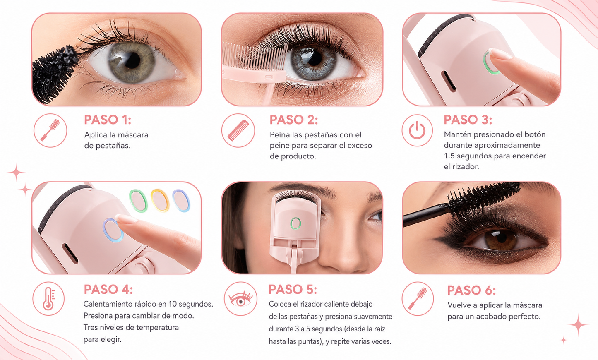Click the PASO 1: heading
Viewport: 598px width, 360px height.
tap(108, 120)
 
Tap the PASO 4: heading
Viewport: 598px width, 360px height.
tap(108, 289)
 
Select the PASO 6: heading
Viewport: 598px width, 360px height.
tap(471, 290)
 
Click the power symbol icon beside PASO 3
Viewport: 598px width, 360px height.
tap(417, 130)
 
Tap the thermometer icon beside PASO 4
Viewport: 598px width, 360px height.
tap(48, 299)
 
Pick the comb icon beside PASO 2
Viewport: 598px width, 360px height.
tap(238, 130)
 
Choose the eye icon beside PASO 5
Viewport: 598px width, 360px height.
tap(240, 299)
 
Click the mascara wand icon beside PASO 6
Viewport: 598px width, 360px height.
tap(418, 299)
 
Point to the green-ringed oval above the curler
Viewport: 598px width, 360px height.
tap(138, 201)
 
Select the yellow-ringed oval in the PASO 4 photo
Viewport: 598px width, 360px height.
tap(160, 200)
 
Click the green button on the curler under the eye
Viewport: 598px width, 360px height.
tap(295, 223)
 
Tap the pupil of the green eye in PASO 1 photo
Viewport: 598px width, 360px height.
tap(132, 61)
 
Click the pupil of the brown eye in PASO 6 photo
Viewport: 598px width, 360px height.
tap(502, 238)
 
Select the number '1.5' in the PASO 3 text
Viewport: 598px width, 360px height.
tap(449, 156)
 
